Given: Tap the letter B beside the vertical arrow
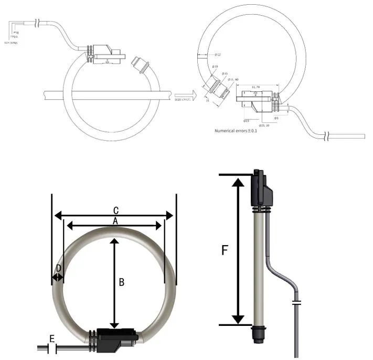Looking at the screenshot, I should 121,282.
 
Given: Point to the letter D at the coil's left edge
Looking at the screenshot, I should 59,268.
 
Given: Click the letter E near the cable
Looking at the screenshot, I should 52,338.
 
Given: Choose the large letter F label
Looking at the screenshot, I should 225,250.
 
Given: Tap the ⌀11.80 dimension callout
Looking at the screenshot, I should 232,79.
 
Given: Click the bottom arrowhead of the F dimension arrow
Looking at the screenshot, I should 239,319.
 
